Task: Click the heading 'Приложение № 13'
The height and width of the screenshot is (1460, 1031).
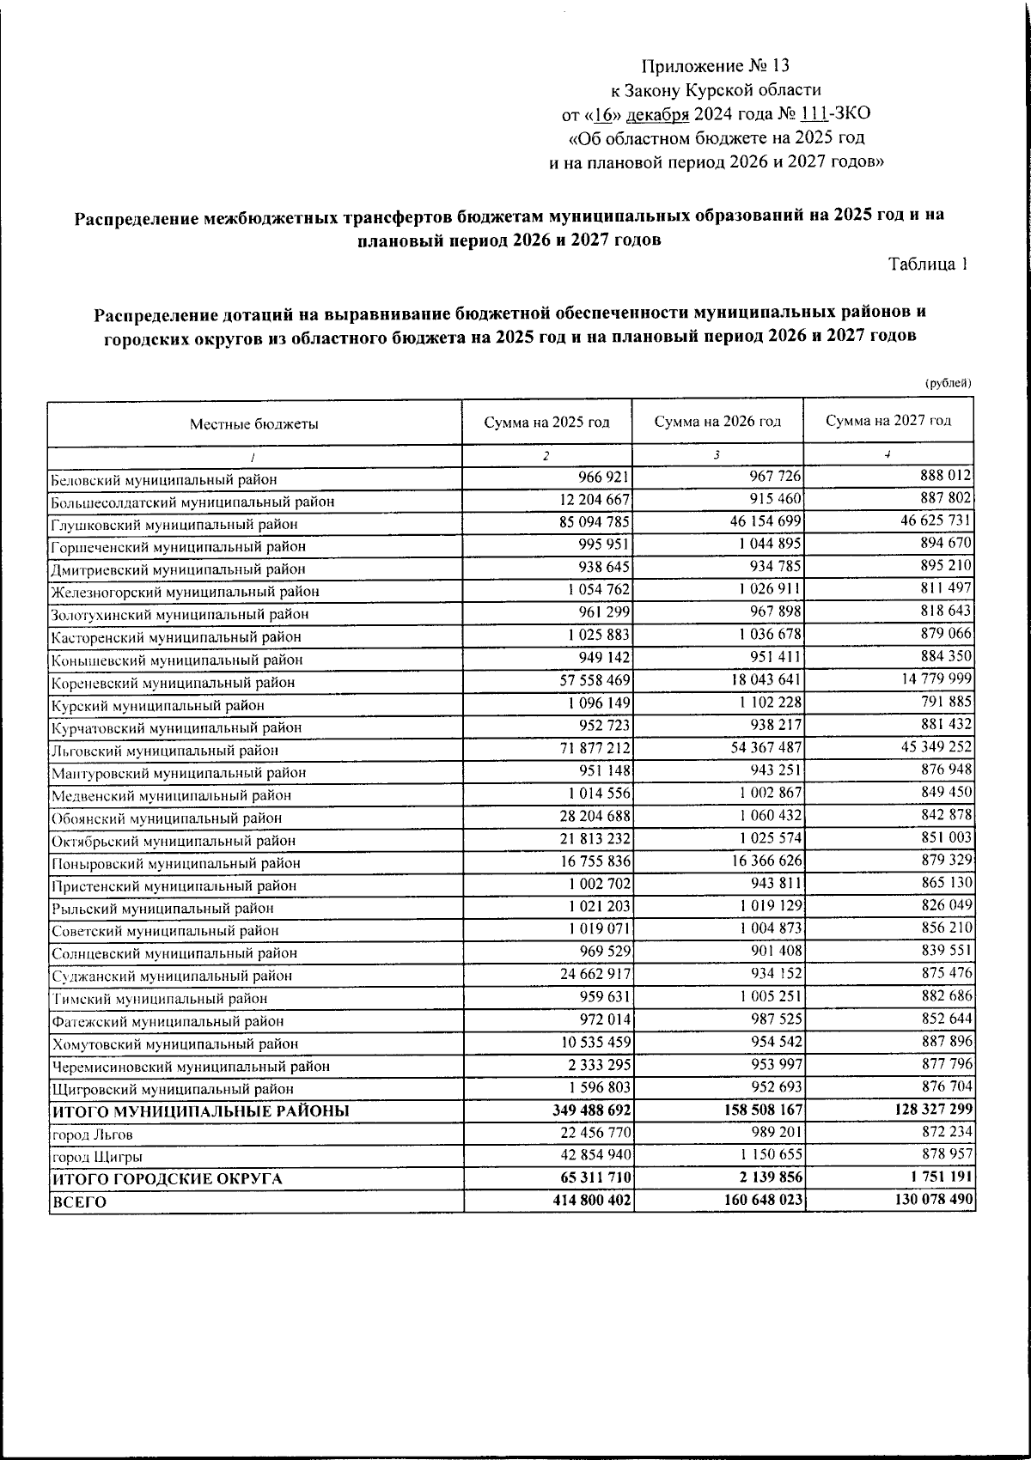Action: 715,66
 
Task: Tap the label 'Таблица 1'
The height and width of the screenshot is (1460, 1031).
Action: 928,265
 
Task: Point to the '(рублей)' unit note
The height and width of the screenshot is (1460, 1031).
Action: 948,383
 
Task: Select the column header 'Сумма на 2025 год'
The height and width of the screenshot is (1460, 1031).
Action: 546,422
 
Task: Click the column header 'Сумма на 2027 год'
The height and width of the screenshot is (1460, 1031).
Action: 888,420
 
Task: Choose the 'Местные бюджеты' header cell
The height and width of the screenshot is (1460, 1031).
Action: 254,423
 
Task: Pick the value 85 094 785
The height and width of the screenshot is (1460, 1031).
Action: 595,521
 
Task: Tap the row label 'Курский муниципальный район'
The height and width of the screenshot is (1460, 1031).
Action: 157,705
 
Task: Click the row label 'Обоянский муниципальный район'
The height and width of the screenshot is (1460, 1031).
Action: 167,818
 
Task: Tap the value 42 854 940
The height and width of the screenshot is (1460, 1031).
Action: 595,1154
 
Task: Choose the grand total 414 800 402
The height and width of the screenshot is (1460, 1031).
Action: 593,1200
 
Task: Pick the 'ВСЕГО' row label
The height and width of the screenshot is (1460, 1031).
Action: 80,1202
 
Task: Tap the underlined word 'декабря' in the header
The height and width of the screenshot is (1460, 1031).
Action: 657,114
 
